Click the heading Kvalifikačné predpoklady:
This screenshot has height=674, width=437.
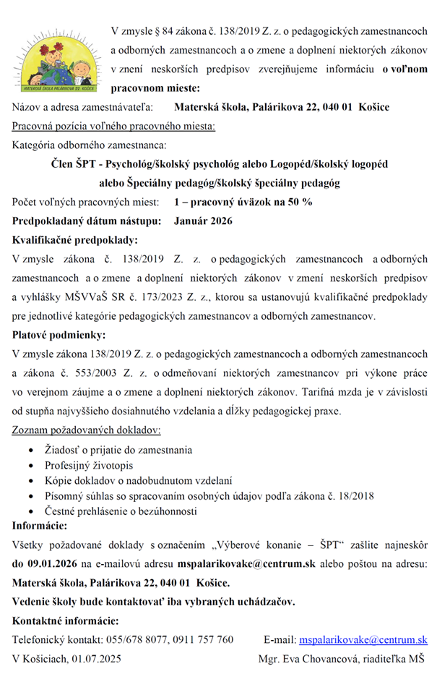(x=75, y=239)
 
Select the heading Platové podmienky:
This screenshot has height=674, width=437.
(x=59, y=335)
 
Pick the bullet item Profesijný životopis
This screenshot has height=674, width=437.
(x=89, y=465)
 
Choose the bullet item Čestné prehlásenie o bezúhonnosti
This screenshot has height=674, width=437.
(x=121, y=511)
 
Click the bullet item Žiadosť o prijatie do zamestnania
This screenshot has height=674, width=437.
(x=118, y=450)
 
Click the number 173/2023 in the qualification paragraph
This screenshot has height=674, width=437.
(x=164, y=297)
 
